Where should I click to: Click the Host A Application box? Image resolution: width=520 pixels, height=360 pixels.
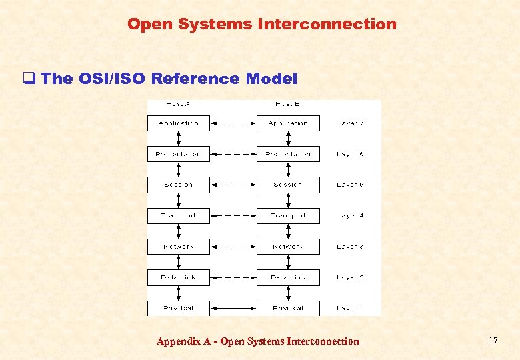pos(178,123)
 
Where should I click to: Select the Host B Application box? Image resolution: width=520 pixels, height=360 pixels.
pos(288,123)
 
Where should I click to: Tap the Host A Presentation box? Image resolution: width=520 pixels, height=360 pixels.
pos(178,154)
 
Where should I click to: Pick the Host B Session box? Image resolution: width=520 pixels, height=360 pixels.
pos(288,185)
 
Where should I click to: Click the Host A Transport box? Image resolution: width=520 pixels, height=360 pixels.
pos(178,215)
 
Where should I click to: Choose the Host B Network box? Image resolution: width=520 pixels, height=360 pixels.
pos(288,246)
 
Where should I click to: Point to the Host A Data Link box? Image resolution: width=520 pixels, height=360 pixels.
pos(178,277)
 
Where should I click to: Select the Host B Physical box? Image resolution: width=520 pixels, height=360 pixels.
pos(288,308)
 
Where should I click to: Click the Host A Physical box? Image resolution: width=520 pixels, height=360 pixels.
pos(178,308)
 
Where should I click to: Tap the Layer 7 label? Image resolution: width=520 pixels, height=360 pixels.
pos(350,123)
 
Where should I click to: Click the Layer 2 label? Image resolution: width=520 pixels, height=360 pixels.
pos(350,277)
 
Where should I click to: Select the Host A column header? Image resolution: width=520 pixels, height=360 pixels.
pos(178,104)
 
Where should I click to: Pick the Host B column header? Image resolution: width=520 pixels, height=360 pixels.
pos(288,104)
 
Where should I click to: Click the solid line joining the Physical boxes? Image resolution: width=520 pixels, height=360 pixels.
pos(233,308)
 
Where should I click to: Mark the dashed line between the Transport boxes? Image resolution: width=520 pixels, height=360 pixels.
pos(233,215)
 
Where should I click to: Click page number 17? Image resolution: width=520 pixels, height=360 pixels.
pos(493,341)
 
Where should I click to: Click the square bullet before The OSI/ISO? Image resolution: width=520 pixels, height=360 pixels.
pos(28,79)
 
